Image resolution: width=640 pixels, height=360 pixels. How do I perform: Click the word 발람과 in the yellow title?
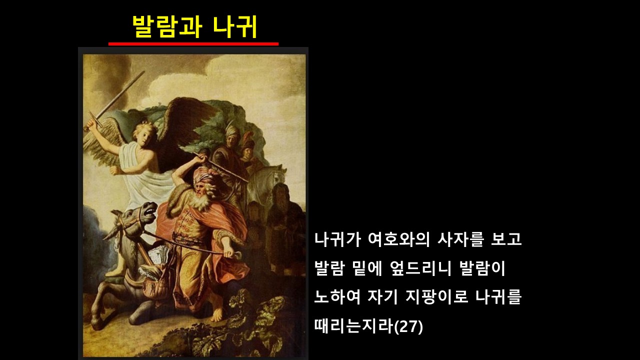point(167,27)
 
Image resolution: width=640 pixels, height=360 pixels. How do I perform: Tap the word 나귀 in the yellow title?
point(235,27)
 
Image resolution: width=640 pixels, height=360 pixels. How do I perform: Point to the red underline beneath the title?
point(193,44)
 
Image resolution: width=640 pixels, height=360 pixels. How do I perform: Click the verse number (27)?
point(408,326)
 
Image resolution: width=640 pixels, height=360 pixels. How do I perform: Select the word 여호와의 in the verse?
point(399,239)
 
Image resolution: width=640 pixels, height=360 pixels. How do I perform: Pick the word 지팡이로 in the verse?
point(437,297)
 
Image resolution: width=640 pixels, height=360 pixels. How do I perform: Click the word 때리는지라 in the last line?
point(354,326)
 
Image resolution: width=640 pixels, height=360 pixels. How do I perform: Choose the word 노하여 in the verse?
point(337,297)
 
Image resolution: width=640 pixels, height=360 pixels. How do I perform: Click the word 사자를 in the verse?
point(460,239)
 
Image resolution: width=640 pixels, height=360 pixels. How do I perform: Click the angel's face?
point(146,136)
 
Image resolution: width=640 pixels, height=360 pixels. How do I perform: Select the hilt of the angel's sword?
point(95,120)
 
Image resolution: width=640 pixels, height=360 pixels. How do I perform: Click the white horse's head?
point(275,175)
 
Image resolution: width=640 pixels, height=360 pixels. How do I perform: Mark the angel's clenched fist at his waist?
point(115,170)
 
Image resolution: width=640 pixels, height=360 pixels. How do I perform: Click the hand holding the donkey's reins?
point(229,253)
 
